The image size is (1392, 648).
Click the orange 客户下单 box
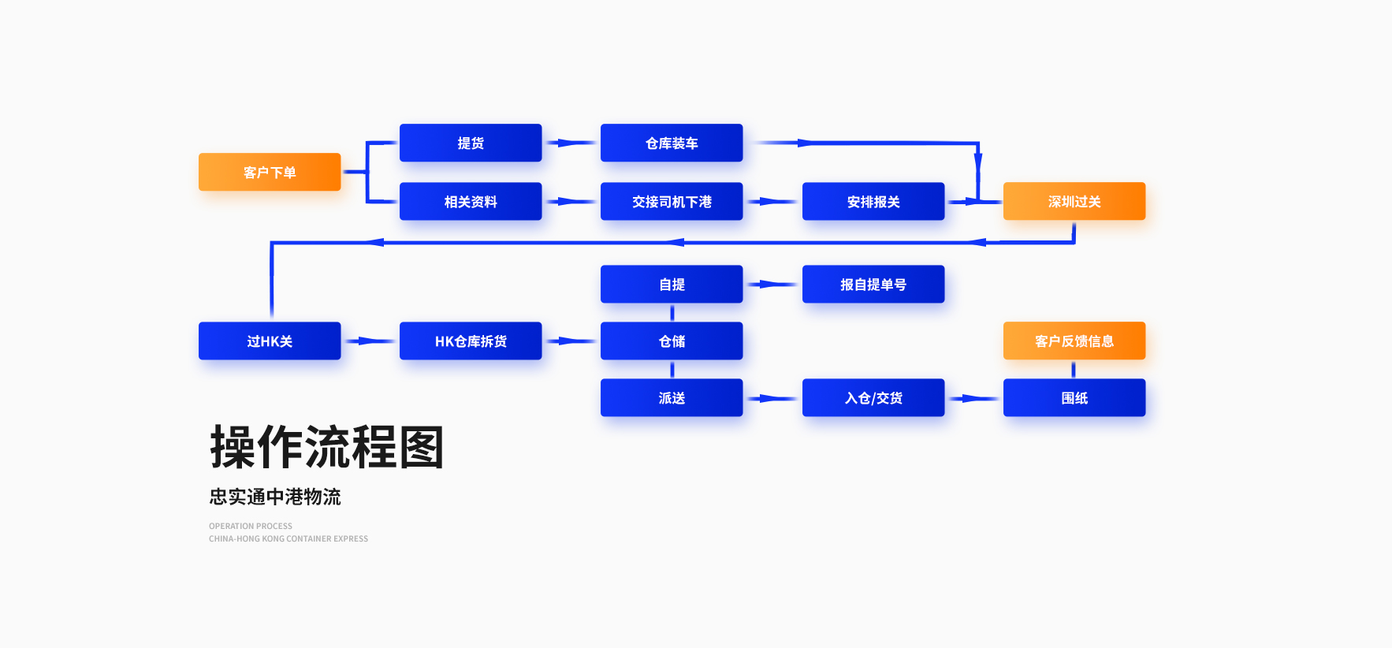point(270,172)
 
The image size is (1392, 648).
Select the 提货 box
point(471,143)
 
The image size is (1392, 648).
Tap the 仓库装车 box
point(672,143)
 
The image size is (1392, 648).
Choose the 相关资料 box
point(471,201)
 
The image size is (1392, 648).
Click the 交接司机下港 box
point(672,201)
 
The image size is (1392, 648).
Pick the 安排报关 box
point(873,201)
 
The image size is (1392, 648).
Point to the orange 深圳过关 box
point(1074,201)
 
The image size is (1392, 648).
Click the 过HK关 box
point(270,341)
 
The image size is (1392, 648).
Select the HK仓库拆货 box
point(471,341)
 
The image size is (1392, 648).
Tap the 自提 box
point(672,284)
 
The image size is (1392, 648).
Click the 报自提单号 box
point(873,284)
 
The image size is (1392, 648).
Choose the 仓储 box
point(672,341)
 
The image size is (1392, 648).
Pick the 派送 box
point(672,397)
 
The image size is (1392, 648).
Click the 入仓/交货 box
point(873,397)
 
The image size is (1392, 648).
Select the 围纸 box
point(1074,397)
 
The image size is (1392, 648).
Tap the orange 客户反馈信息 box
point(1074,341)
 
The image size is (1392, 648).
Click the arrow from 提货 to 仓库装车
point(571,143)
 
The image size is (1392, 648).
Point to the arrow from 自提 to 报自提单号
point(772,284)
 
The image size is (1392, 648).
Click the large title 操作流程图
point(327,447)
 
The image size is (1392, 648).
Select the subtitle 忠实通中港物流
point(275,497)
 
